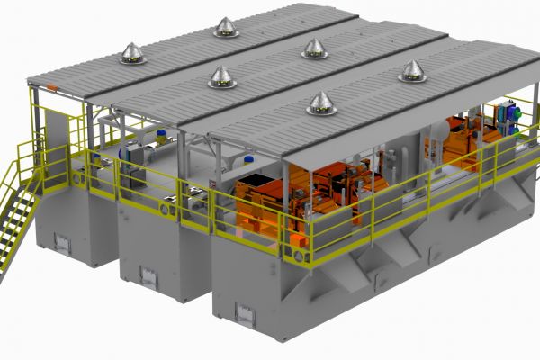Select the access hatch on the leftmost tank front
(x=62, y=242)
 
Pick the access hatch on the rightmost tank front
(x=244, y=311)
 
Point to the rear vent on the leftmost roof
(x=226, y=28)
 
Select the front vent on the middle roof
(x=221, y=78)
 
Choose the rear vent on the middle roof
(x=314, y=48)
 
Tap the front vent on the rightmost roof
(x=321, y=103)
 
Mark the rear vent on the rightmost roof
(x=412, y=71)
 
